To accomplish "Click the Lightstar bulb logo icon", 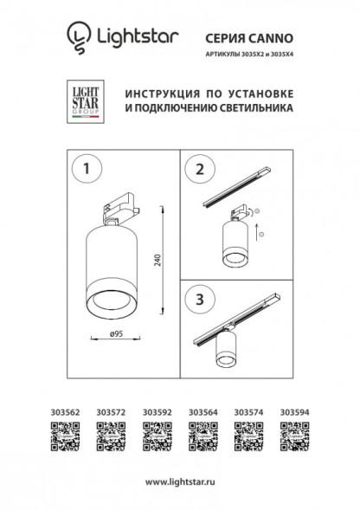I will tap(79, 36).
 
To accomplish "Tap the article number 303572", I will tap(112, 414).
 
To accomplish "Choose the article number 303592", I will tap(157, 414).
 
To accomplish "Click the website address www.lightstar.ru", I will tap(180, 481).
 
